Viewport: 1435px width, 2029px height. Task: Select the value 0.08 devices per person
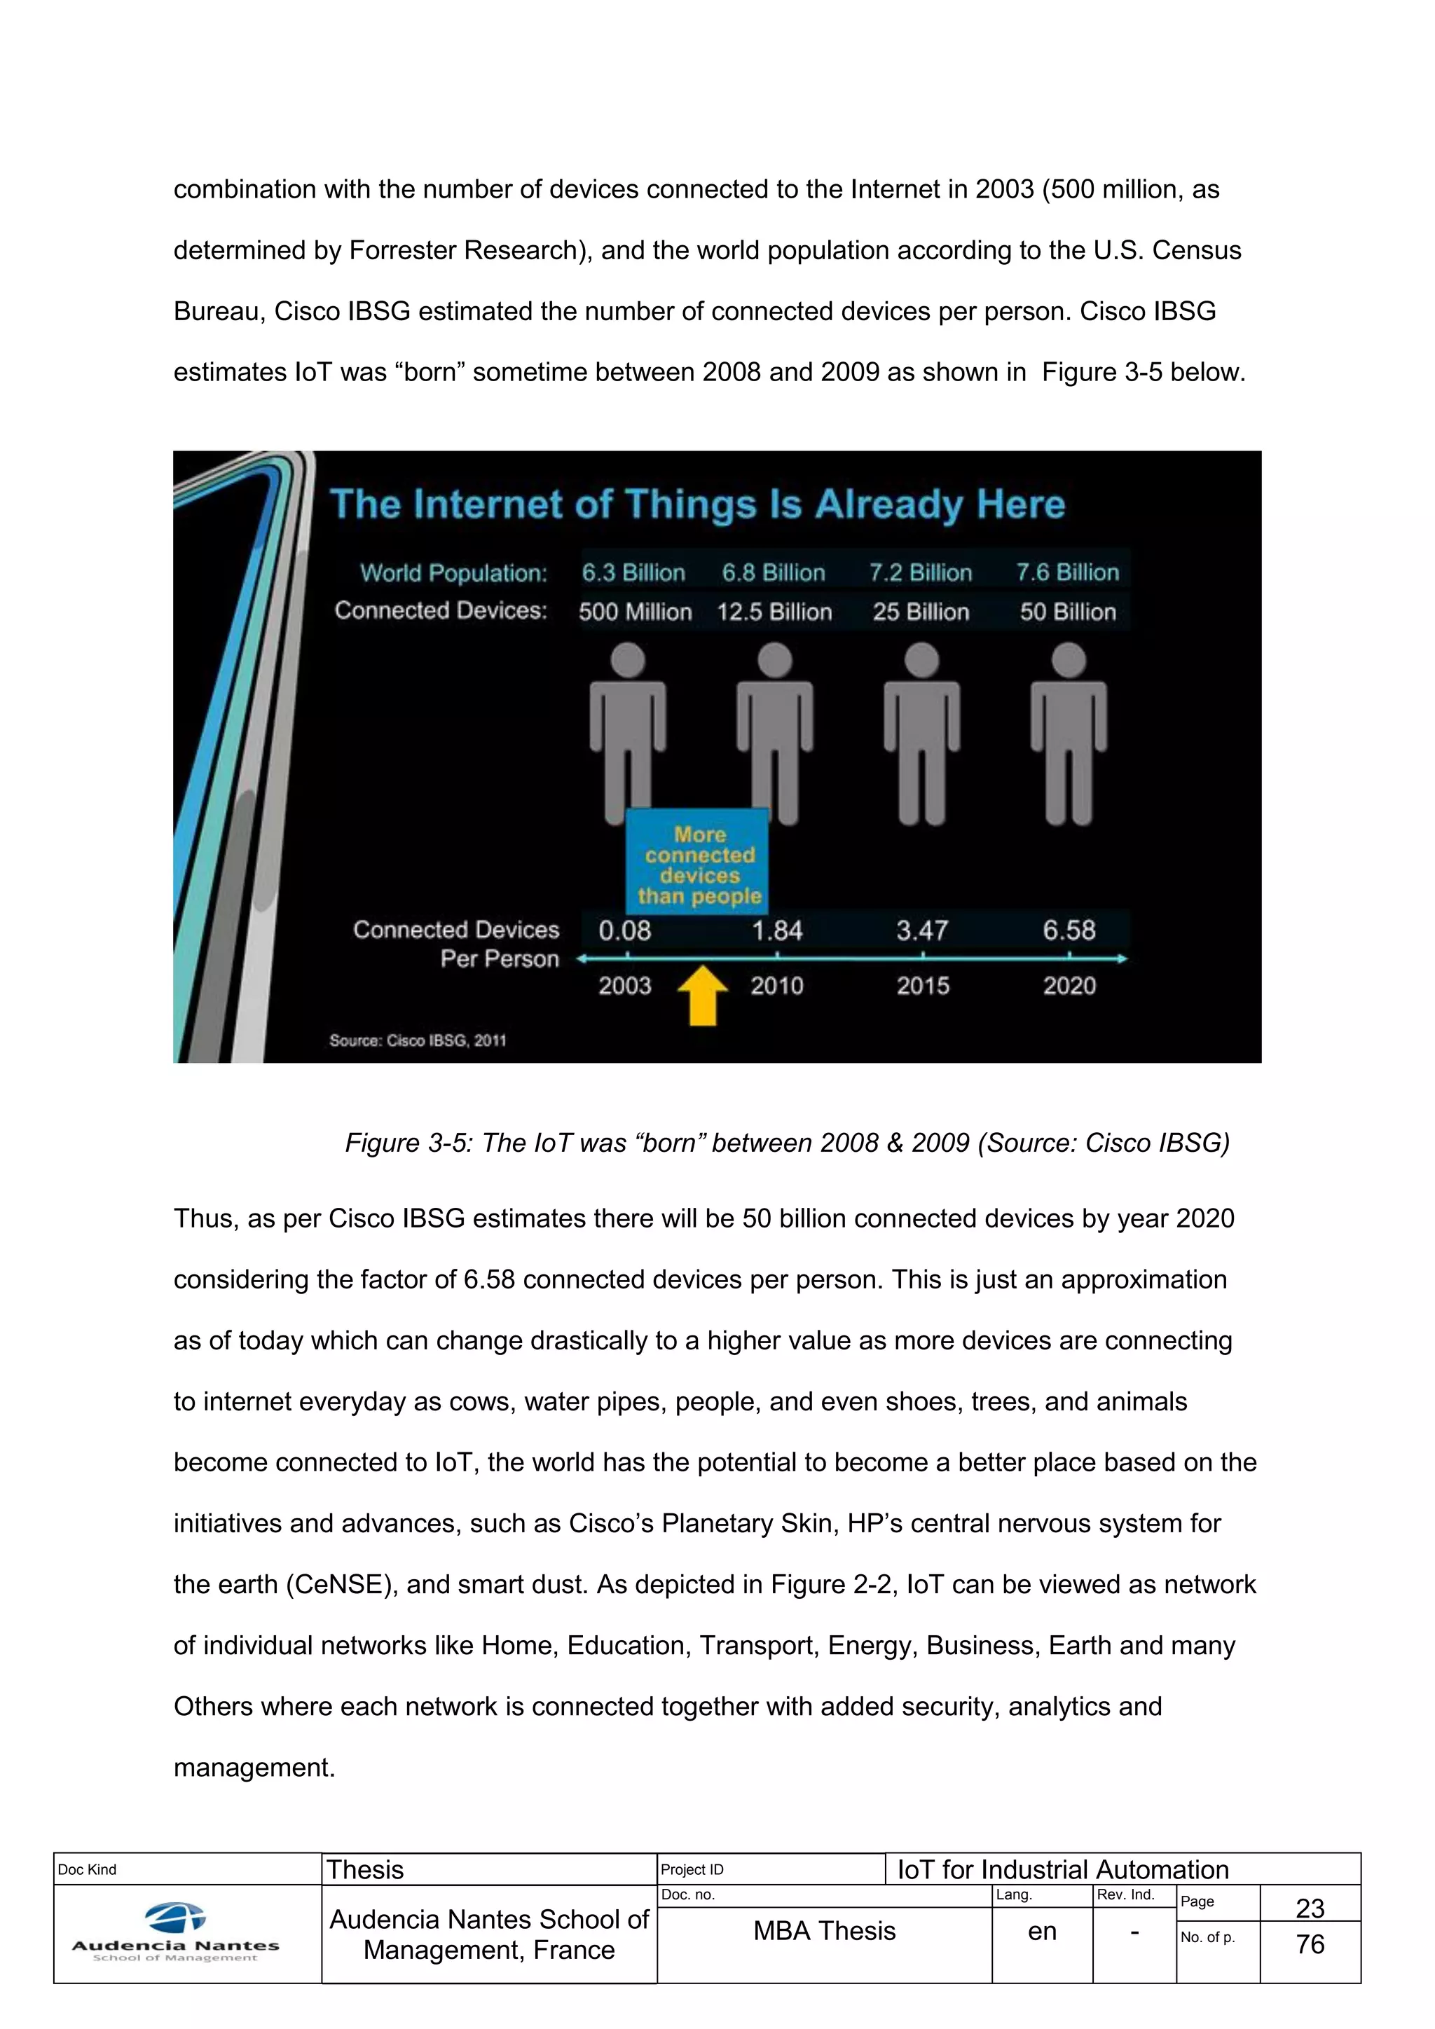click(x=625, y=930)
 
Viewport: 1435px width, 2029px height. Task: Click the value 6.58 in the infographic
click(x=1069, y=930)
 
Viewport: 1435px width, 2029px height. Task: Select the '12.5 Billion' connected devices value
click(x=774, y=612)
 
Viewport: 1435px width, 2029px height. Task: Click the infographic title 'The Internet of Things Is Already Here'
click(x=697, y=504)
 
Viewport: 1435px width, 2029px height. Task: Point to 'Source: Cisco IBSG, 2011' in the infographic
click(x=417, y=1040)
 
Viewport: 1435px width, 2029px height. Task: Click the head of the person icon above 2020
click(x=1069, y=660)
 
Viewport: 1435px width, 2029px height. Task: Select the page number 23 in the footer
click(x=1310, y=1908)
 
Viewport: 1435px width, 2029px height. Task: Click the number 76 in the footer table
click(x=1310, y=1944)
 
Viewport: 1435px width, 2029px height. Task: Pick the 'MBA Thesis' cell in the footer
click(x=825, y=1931)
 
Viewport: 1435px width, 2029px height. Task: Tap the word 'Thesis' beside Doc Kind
click(x=365, y=1869)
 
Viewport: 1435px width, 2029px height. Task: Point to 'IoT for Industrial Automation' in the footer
click(x=1063, y=1869)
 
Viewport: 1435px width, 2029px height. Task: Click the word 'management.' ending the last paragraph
click(x=254, y=1768)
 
